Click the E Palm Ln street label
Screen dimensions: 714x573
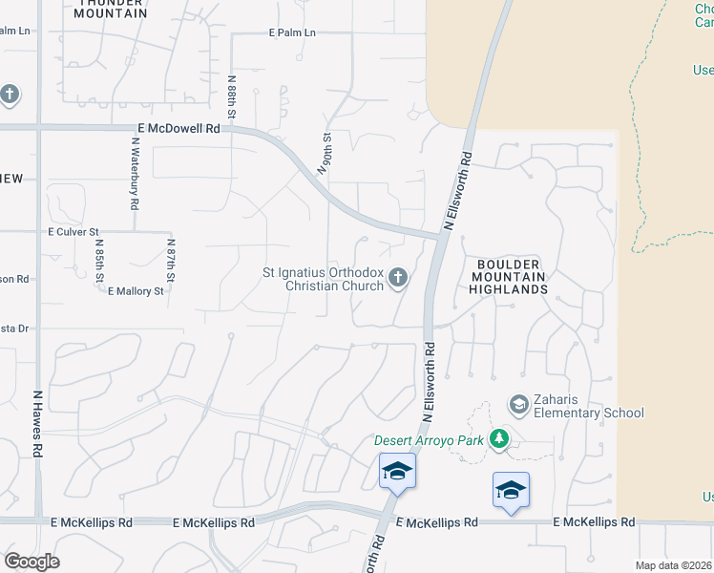click(x=292, y=32)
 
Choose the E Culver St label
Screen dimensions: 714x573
click(x=73, y=232)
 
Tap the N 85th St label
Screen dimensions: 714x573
click(x=99, y=261)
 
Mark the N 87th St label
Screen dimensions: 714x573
click(x=172, y=261)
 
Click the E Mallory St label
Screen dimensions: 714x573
click(x=136, y=290)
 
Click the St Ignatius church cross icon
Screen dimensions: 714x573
click(x=398, y=278)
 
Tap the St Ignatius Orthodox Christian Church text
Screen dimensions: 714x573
click(x=323, y=279)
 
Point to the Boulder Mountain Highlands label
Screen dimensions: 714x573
click(x=506, y=276)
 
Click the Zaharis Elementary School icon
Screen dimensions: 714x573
click(x=518, y=404)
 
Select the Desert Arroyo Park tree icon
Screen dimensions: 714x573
click(x=497, y=439)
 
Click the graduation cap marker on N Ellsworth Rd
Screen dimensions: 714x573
click(x=397, y=471)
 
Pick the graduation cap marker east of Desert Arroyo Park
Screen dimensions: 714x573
click(x=512, y=490)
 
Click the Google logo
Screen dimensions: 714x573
click(x=31, y=562)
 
